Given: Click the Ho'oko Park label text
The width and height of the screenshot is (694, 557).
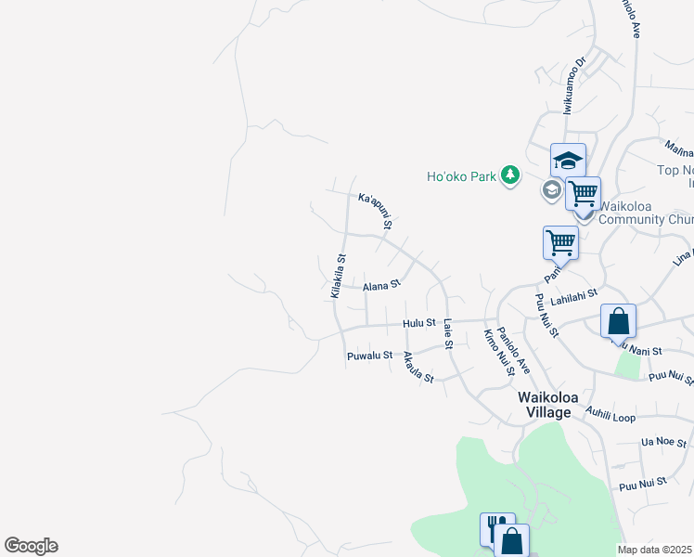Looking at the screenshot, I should tap(462, 176).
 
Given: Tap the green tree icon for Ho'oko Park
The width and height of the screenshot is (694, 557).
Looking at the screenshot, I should tap(509, 175).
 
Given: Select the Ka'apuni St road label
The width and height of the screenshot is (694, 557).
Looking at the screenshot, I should tap(376, 211).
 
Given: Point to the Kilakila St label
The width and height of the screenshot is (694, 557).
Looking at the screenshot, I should tap(338, 277).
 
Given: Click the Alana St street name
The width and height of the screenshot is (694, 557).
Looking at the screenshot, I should tap(380, 285).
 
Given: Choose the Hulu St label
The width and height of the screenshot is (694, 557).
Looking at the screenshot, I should tap(418, 323).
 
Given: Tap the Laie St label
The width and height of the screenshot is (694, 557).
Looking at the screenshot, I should tap(447, 334).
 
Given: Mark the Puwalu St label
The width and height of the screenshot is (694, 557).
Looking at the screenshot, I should tap(370, 356).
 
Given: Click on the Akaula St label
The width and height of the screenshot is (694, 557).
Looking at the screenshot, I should tap(418, 369).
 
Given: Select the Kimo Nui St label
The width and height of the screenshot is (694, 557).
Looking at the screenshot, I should tap(498, 352).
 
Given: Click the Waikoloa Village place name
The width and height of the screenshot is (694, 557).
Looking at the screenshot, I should tap(548, 404).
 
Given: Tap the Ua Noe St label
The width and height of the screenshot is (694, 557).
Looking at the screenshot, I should tap(662, 441).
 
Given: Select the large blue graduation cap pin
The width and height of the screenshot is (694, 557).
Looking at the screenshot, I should tap(568, 161).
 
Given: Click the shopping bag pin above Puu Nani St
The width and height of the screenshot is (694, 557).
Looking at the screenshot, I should tap(618, 321).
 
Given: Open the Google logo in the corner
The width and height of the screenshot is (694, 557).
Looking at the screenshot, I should tap(31, 546).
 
